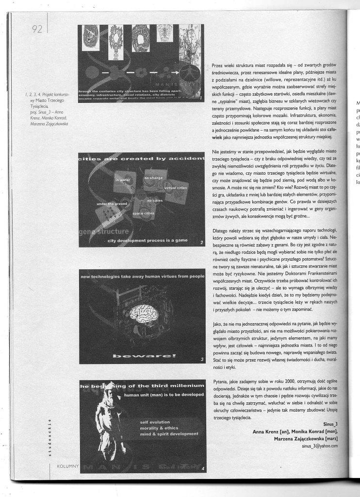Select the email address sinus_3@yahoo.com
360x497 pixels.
click(x=319, y=446)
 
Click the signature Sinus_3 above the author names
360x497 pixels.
click(x=329, y=424)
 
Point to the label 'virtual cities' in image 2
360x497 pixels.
click(x=176, y=187)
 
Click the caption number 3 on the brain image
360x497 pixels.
click(x=201, y=359)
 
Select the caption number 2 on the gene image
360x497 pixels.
click(x=201, y=241)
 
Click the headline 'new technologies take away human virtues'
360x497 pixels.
click(x=141, y=276)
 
